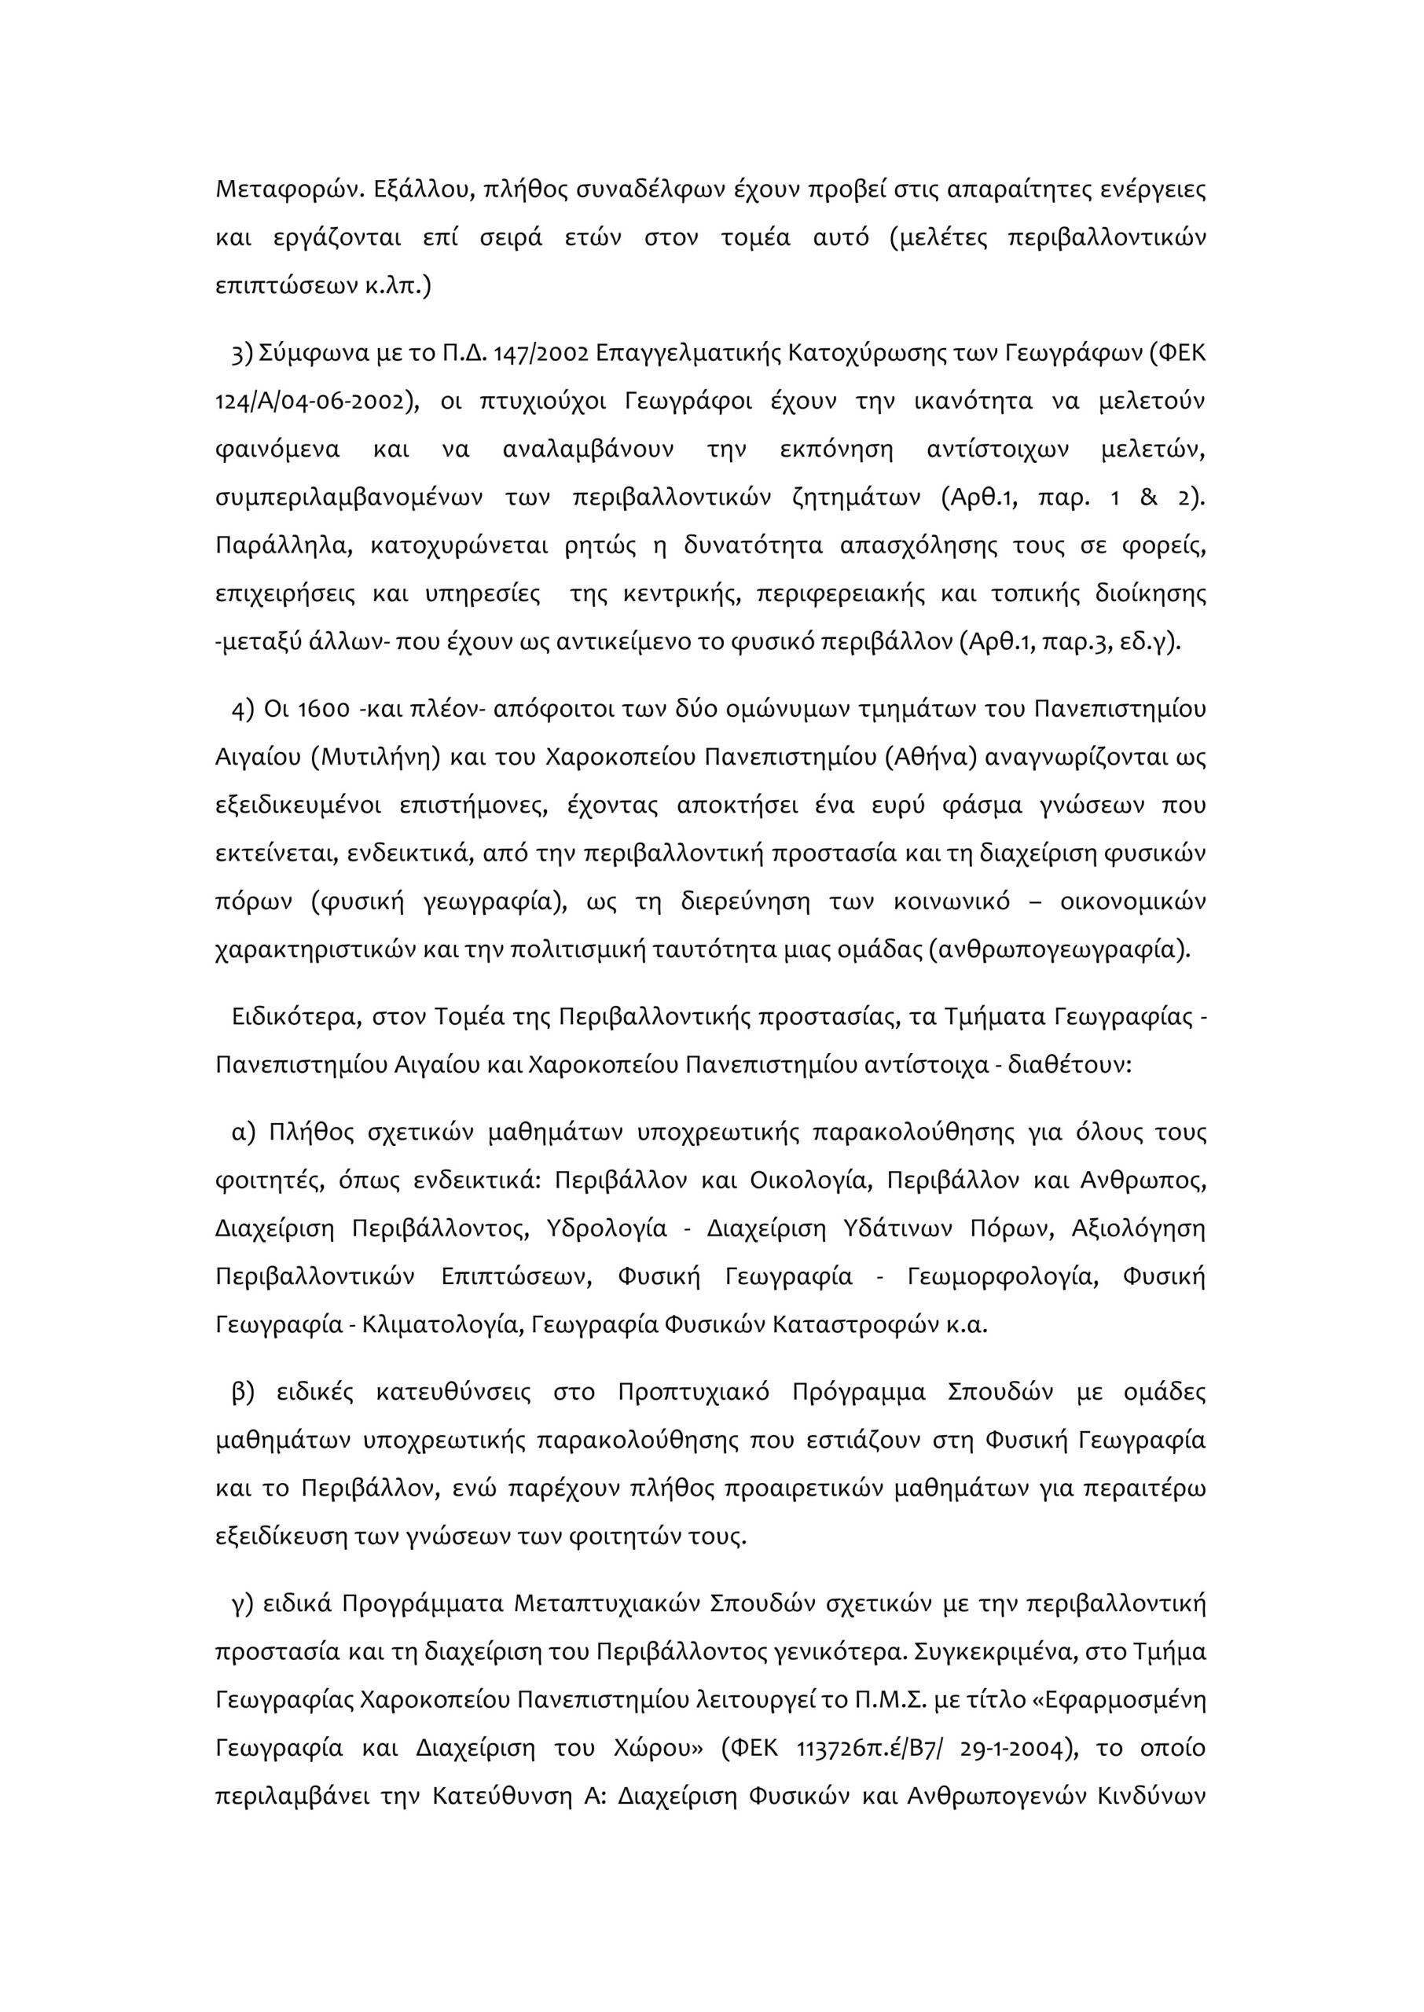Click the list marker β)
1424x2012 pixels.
[x=243, y=1392]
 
